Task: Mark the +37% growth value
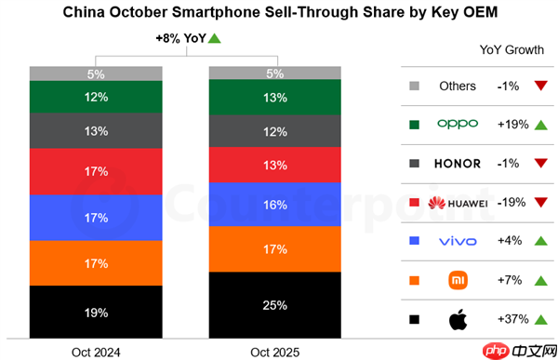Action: [x=511, y=320]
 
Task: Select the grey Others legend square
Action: [x=413, y=87]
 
